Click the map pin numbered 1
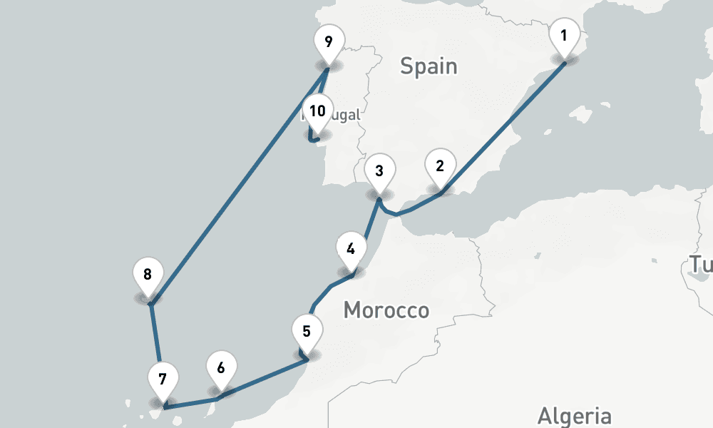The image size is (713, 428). (564, 35)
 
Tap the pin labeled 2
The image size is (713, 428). (440, 166)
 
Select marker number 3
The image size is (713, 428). (379, 171)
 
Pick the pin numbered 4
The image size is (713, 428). (350, 250)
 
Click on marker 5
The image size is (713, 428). (307, 332)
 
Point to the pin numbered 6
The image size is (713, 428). (220, 368)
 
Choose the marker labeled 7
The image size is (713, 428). (163, 379)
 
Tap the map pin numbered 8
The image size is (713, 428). (148, 275)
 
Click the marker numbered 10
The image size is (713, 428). (317, 111)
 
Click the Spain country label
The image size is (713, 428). (428, 66)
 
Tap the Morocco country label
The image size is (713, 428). (386, 310)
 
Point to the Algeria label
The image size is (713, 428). (574, 416)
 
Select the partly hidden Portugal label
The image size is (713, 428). (342, 116)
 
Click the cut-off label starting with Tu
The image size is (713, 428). (700, 265)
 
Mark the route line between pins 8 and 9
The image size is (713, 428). (239, 186)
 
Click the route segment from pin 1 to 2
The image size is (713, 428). (503, 128)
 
